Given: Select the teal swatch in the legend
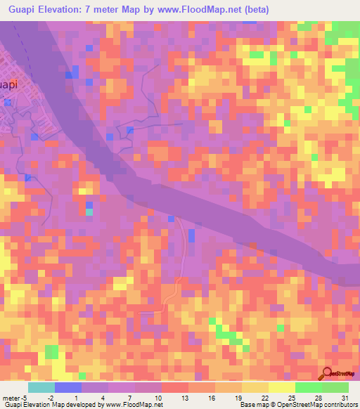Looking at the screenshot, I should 41,387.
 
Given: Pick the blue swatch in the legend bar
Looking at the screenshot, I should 68,387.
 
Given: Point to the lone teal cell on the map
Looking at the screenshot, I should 89,212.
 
